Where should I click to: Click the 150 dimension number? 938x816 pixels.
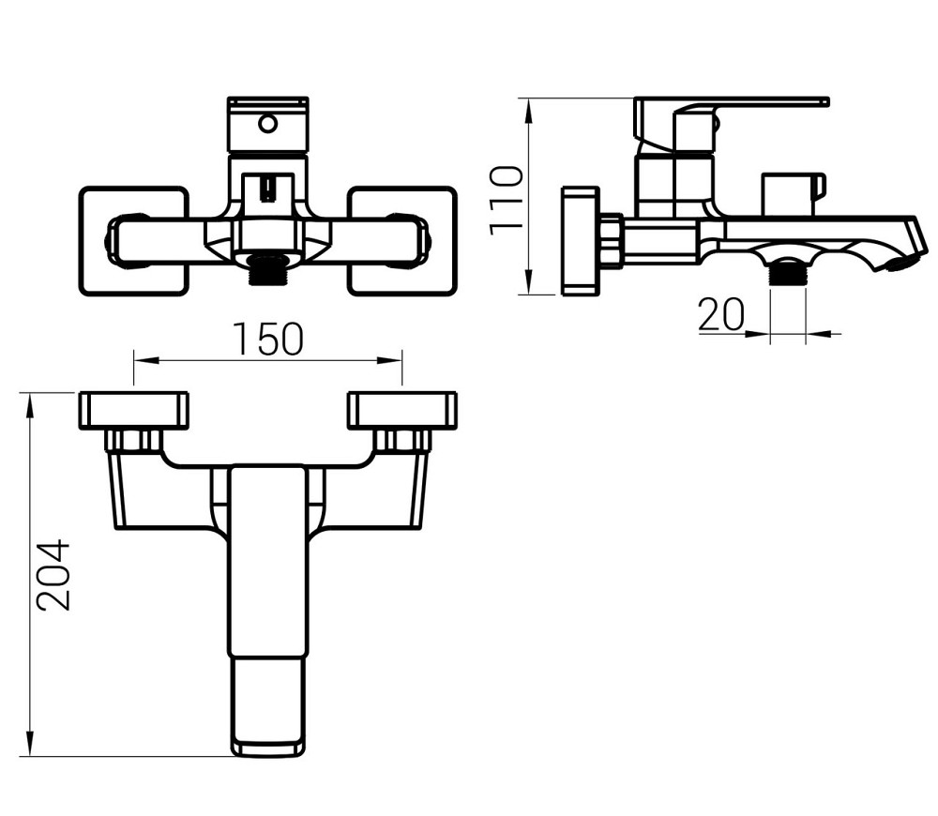269,340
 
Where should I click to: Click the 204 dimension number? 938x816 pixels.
53,575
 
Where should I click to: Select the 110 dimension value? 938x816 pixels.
507,199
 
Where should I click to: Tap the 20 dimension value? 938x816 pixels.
720,315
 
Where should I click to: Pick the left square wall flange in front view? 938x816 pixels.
132,242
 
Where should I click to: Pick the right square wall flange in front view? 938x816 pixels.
402,242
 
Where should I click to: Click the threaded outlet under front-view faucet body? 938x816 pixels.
267,271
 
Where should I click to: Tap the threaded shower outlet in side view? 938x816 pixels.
788,273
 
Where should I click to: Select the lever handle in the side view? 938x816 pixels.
741,103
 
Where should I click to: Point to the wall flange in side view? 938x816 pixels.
580,241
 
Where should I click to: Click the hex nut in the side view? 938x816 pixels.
611,241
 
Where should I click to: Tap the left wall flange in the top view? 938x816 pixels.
133,411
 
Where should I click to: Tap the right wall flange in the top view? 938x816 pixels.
402,411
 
